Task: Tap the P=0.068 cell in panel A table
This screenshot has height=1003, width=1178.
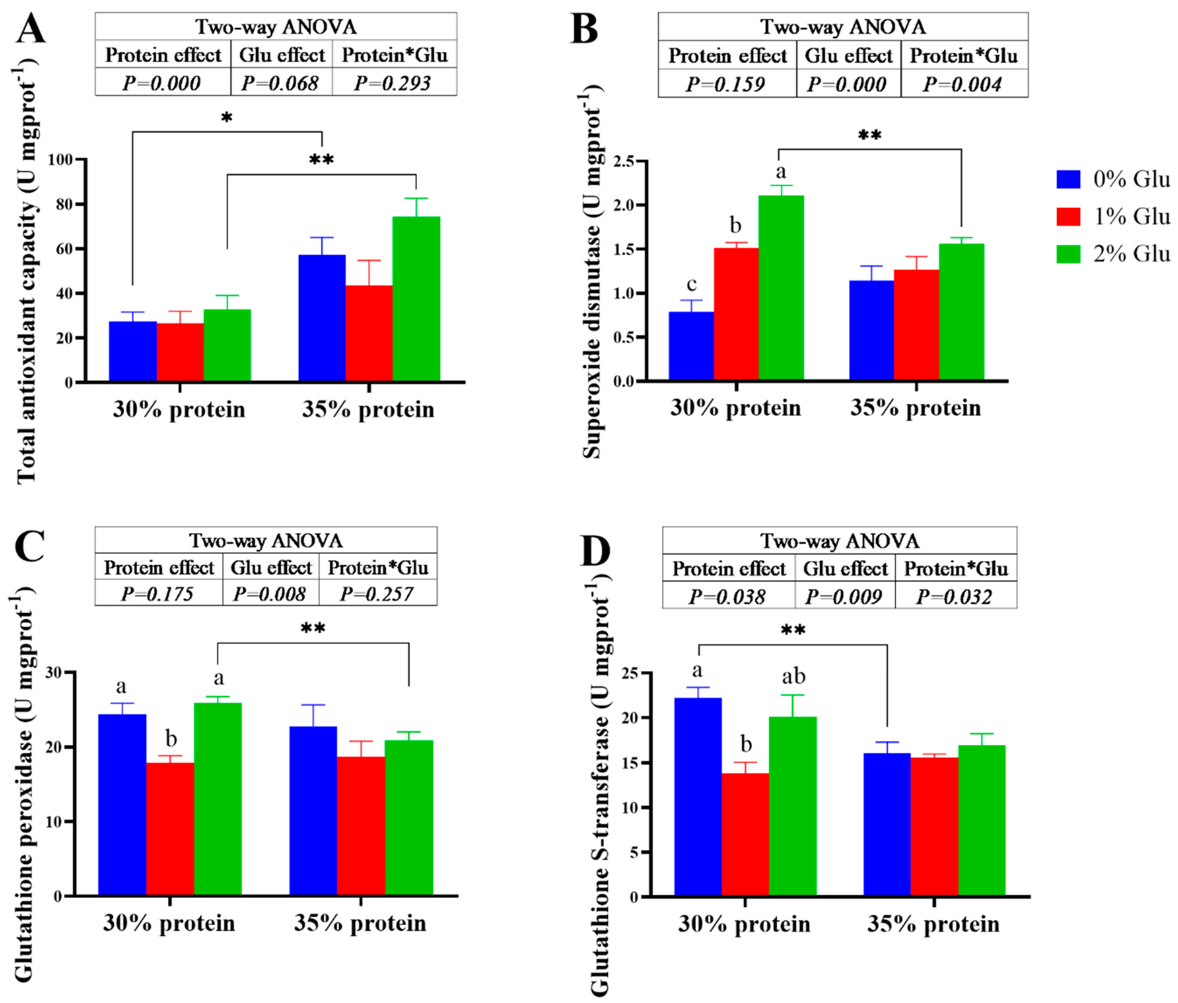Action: coord(280,84)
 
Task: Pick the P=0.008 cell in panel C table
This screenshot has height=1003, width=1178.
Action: coord(270,594)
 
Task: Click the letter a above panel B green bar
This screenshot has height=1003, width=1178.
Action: coord(780,171)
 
